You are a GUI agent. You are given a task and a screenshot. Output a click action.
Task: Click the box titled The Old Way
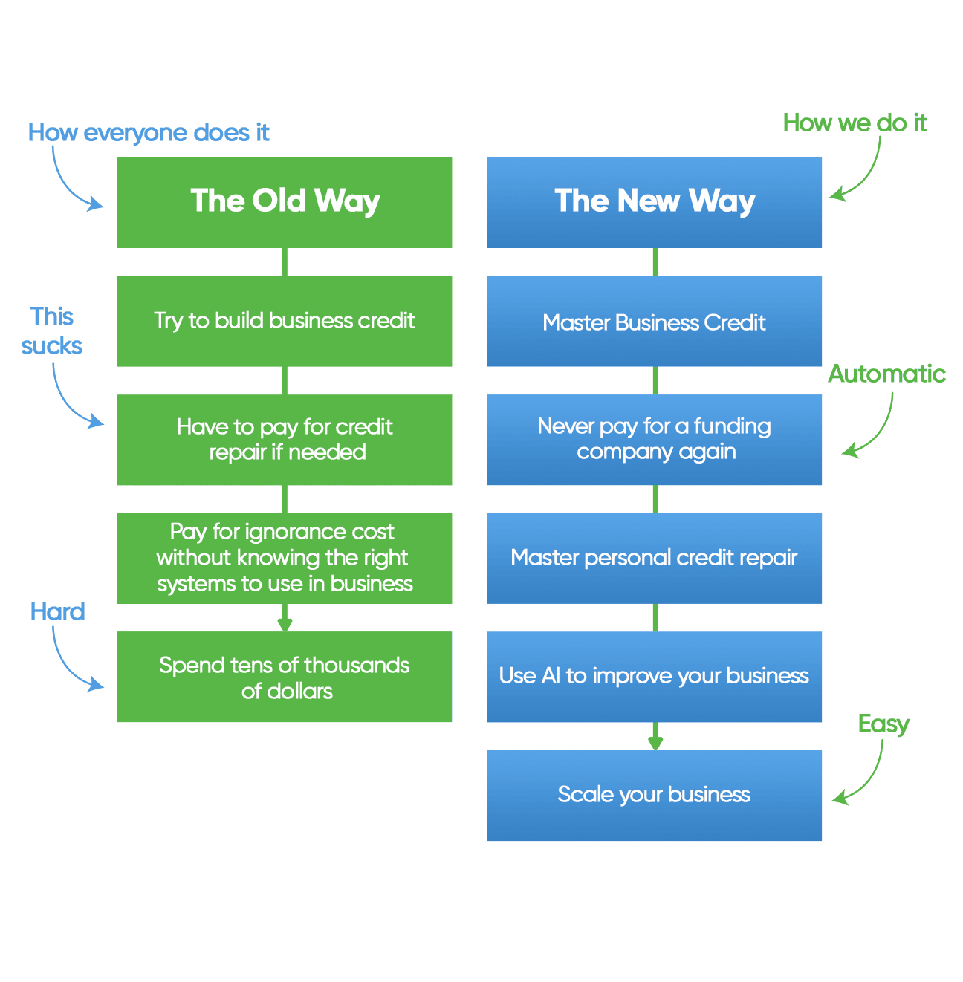[284, 202]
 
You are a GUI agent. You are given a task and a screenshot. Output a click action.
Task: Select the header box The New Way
[654, 202]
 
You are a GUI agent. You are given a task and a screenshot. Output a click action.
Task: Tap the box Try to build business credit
[284, 321]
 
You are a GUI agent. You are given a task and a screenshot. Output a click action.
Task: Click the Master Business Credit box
[654, 321]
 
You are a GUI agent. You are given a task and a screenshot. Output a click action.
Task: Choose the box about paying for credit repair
[284, 440]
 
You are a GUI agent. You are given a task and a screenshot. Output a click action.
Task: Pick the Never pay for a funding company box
[654, 440]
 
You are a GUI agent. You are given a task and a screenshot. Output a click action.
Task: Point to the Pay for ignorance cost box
[284, 558]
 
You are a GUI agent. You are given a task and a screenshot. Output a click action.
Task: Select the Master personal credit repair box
[654, 558]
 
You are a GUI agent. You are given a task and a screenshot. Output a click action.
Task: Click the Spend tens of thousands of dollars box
[284, 677]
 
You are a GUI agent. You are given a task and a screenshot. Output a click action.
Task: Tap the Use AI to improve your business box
[654, 677]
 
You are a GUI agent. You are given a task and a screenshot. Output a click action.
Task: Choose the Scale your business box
[654, 796]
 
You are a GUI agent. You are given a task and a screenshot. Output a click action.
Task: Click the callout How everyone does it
[149, 132]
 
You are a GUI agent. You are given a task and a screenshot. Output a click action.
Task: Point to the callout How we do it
[855, 123]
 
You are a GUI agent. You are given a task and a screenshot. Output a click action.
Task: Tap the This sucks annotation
[52, 331]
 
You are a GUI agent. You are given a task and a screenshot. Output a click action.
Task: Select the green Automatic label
[886, 374]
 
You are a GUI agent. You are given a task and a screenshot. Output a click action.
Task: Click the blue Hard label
[58, 611]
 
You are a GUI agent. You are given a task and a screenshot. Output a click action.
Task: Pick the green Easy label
[883, 724]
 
